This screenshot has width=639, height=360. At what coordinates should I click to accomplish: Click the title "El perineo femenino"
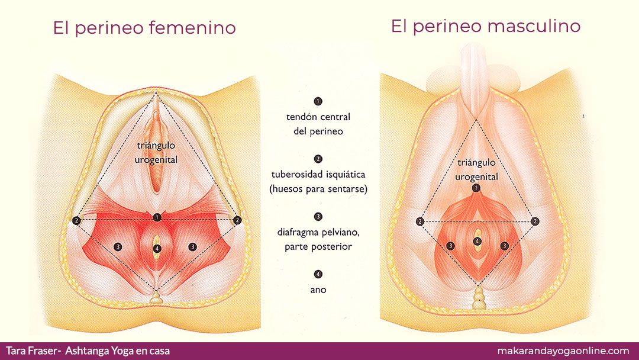pos(144,28)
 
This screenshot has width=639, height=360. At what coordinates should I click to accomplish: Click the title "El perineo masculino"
pos(485,27)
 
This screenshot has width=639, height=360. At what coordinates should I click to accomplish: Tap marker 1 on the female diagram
pos(157,217)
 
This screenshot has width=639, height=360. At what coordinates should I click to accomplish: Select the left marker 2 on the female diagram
pos(76,221)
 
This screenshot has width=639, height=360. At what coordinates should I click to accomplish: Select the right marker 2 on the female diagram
pos(237,220)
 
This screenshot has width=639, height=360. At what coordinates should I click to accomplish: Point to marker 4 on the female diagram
pos(157,248)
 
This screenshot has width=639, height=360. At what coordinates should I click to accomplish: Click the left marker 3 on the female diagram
pos(118,247)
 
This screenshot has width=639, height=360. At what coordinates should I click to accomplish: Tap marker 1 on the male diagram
pos(476,188)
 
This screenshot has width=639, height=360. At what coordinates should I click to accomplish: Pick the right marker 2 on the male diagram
pos(535,221)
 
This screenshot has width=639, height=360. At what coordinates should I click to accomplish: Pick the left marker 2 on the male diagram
pos(420,221)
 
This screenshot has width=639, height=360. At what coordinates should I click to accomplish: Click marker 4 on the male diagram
pos(477,242)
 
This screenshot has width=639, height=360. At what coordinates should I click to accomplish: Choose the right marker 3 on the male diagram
pos(505,246)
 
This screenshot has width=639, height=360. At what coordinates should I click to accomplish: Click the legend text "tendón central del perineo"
pos(318,124)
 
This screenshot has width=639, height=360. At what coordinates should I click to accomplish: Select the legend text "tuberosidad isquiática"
pos(318,175)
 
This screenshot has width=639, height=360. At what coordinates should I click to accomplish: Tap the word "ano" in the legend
pos(318,290)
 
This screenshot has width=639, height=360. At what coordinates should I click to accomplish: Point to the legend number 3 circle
pos(318,217)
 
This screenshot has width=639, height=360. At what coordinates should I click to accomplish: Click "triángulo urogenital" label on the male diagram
pos(476,169)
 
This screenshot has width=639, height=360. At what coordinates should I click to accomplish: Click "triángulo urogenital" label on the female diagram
pos(156,153)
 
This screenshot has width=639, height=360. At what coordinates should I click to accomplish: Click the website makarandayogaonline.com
pos(563,351)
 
